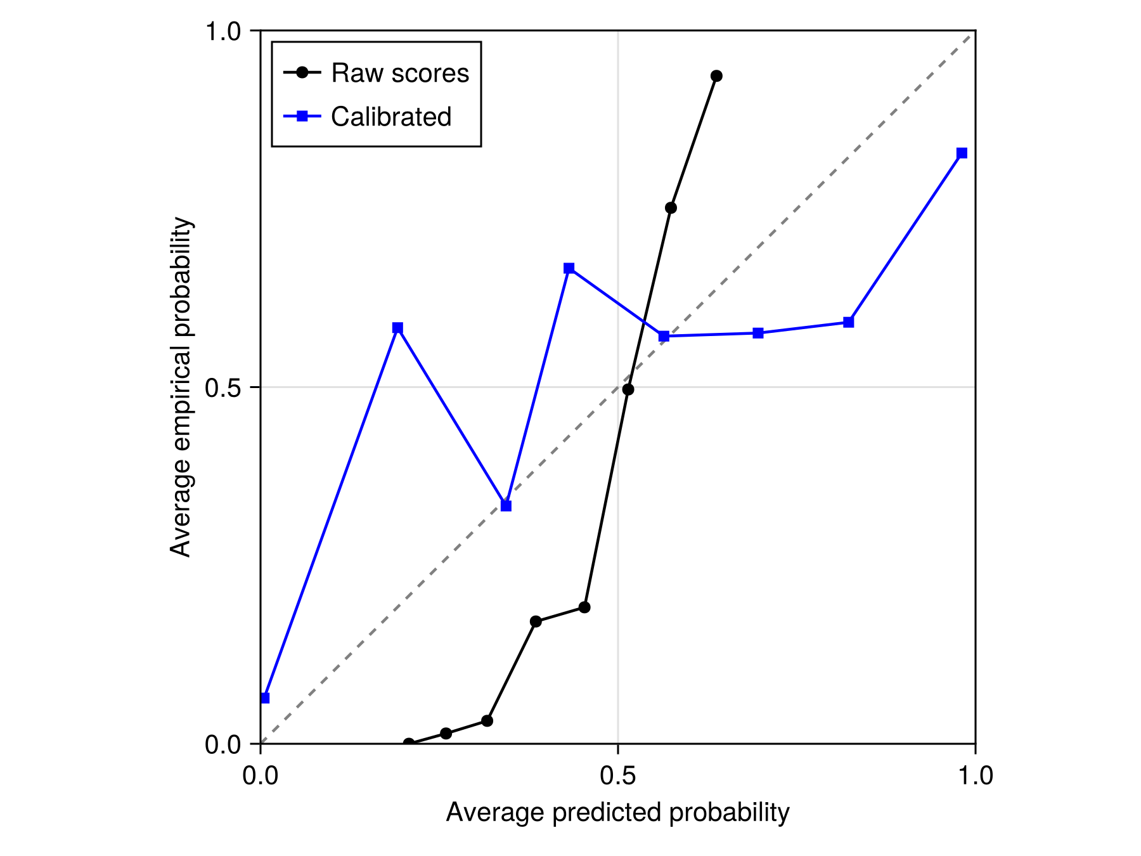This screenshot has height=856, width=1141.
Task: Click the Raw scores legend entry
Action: [x=399, y=73]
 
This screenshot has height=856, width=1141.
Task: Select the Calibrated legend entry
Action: [x=390, y=117]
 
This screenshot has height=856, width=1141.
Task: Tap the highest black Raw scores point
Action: [x=716, y=76]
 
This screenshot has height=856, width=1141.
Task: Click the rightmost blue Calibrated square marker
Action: [x=962, y=153]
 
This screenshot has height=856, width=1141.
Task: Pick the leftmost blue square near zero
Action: [x=265, y=697]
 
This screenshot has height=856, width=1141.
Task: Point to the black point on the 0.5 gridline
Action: [x=628, y=389]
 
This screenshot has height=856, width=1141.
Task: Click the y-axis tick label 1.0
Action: [x=223, y=31]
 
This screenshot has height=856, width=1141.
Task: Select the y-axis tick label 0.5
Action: [x=223, y=387]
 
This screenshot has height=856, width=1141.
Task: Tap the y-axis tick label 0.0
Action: [x=223, y=744]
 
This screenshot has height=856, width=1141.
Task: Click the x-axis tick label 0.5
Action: [x=617, y=775]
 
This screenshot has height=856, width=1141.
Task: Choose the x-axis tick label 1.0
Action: [x=975, y=775]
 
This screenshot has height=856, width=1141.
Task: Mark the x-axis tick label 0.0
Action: [x=261, y=775]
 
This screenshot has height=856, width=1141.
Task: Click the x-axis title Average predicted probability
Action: [x=617, y=812]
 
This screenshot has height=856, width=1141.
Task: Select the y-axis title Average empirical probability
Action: [x=181, y=387]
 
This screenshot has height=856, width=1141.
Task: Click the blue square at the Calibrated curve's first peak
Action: [x=397, y=328]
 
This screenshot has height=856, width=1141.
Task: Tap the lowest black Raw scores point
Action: [x=409, y=743]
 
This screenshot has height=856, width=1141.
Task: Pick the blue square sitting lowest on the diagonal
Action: [x=506, y=506]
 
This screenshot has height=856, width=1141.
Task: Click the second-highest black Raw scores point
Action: [x=671, y=208]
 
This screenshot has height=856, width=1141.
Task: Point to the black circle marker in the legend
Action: [x=302, y=73]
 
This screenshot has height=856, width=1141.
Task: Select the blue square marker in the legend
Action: [x=302, y=116]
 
